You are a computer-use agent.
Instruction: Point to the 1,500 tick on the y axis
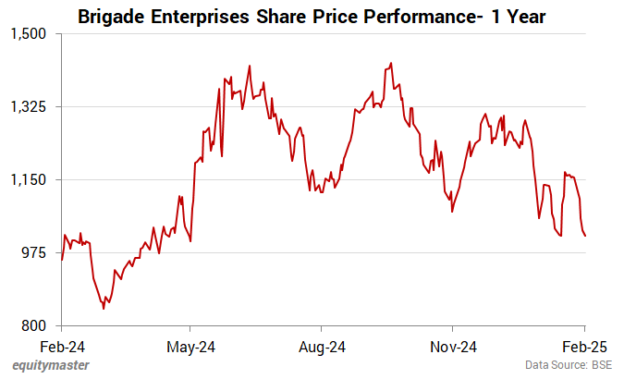pos(33,33)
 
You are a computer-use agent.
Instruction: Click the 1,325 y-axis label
pos(33,106)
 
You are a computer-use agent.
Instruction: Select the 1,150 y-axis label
pos(33,179)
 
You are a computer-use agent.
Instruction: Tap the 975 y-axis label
pos(38,252)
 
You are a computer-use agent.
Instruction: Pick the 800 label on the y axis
pos(38,325)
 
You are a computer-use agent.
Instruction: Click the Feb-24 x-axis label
pos(61,348)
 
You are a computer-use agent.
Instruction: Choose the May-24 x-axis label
pos(190,348)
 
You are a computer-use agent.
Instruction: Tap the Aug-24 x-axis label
pos(321,348)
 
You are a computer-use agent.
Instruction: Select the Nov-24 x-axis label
pos(453,348)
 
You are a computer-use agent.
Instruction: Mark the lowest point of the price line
pos(104,309)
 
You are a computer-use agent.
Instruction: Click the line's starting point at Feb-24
pos(62,260)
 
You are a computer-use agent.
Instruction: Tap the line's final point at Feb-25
pos(585,236)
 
